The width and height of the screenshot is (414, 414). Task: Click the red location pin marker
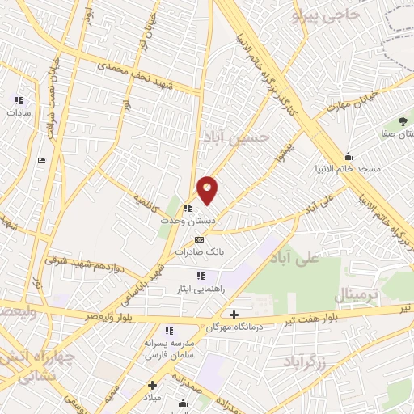(208, 189)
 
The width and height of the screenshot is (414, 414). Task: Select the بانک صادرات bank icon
(199, 239)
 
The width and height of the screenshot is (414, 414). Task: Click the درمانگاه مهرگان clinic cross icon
(234, 315)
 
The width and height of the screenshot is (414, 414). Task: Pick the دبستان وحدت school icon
(188, 208)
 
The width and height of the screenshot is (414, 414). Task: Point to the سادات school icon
(19, 100)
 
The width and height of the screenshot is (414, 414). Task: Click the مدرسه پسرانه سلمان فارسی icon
(169, 330)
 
